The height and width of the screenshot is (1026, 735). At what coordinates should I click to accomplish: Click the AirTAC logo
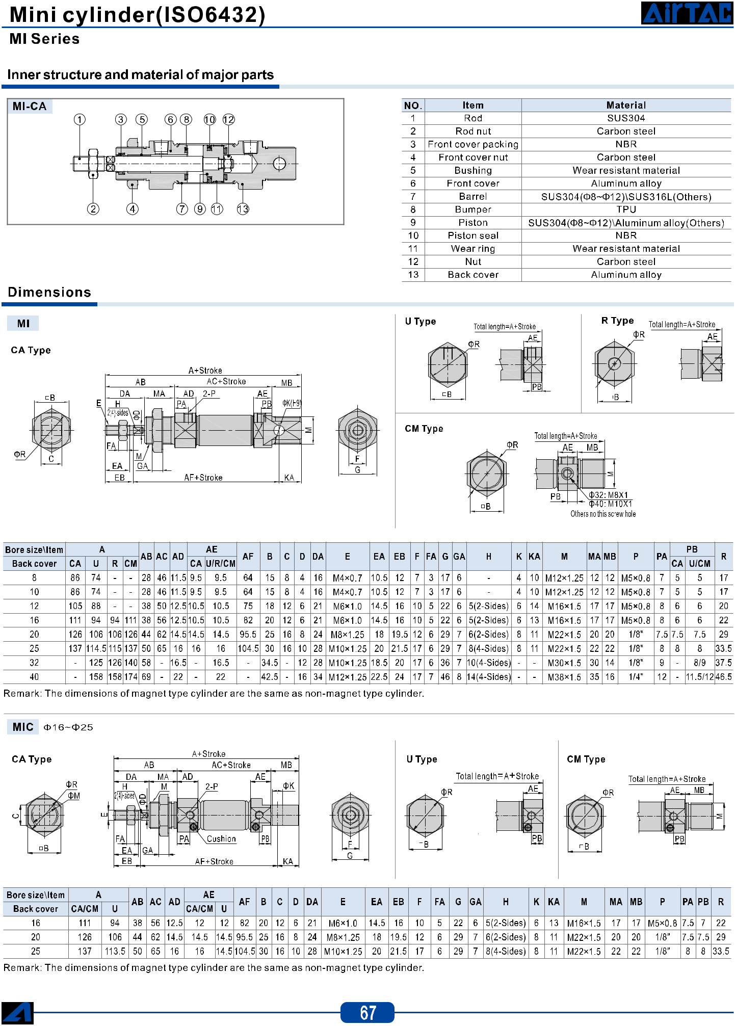[687, 13]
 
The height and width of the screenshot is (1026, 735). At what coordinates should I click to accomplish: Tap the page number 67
[367, 1012]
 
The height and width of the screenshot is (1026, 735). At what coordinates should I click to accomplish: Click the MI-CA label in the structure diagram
[30, 107]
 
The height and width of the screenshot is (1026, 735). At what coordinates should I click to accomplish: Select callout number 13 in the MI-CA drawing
[243, 209]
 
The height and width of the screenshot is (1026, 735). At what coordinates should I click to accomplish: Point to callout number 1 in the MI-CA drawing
[80, 120]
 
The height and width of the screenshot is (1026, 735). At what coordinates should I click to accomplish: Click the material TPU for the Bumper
[626, 209]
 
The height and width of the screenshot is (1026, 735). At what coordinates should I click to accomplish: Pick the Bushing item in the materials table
[473, 170]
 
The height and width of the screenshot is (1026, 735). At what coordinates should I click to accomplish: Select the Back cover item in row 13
[473, 275]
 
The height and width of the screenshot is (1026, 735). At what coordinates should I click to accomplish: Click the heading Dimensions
[49, 292]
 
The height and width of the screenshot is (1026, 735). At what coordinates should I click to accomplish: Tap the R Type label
[617, 321]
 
